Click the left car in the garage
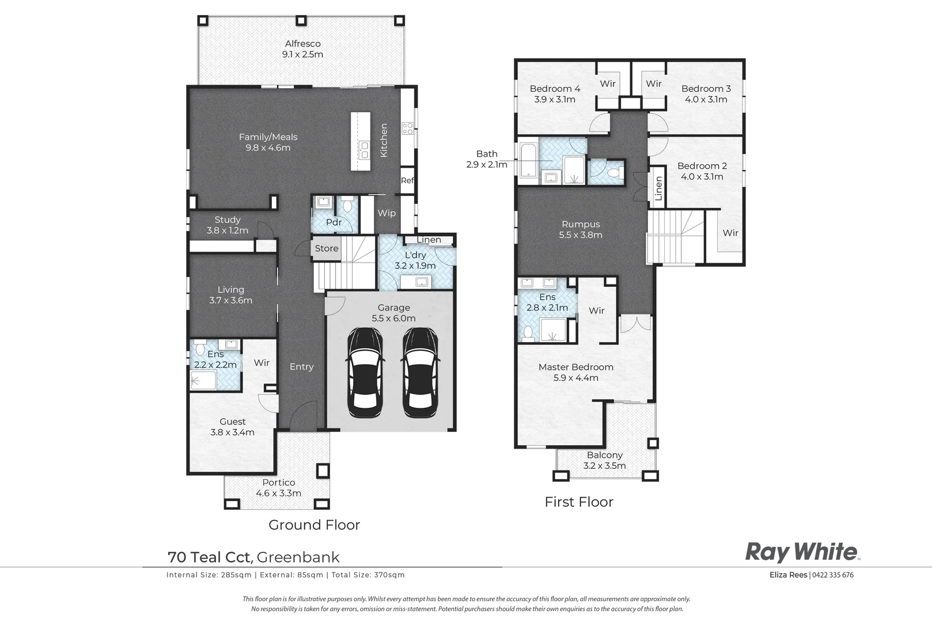[x=365, y=373]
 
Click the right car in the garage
[x=420, y=373]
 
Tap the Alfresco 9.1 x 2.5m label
[x=302, y=49]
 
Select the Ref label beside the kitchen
[x=407, y=180]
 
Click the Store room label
[x=327, y=248]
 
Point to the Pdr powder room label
[x=334, y=222]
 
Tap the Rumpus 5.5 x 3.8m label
[x=581, y=229]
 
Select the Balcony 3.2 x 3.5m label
[x=604, y=460]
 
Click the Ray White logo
[x=801, y=552]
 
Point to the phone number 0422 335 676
[x=833, y=575]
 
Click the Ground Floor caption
[x=314, y=525]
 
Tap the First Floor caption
[x=579, y=502]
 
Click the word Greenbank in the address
[x=298, y=557]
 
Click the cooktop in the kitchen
[x=407, y=128]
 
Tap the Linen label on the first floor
[x=658, y=188]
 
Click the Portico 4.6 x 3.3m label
[x=279, y=488]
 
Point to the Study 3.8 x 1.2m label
[x=228, y=225]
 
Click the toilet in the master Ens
[x=527, y=331]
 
